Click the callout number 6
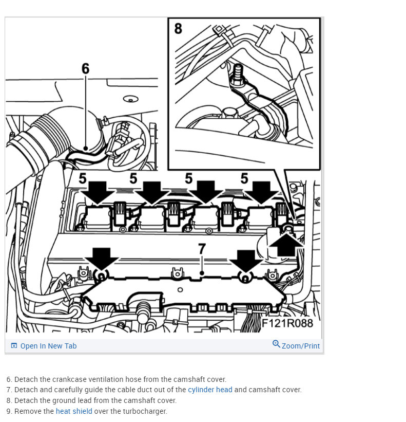pyautogui.click(x=85, y=68)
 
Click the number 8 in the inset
pyautogui.click(x=178, y=28)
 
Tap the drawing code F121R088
pyautogui.click(x=287, y=323)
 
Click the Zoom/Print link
pyautogui.click(x=300, y=346)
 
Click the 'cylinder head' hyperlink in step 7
pyautogui.click(x=210, y=390)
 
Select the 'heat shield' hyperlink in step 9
pyautogui.click(x=74, y=411)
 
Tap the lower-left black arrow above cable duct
pyautogui.click(x=102, y=258)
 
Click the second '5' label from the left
pyautogui.click(x=133, y=179)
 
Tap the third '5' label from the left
pyautogui.click(x=189, y=179)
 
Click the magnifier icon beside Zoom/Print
pyautogui.click(x=276, y=344)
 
